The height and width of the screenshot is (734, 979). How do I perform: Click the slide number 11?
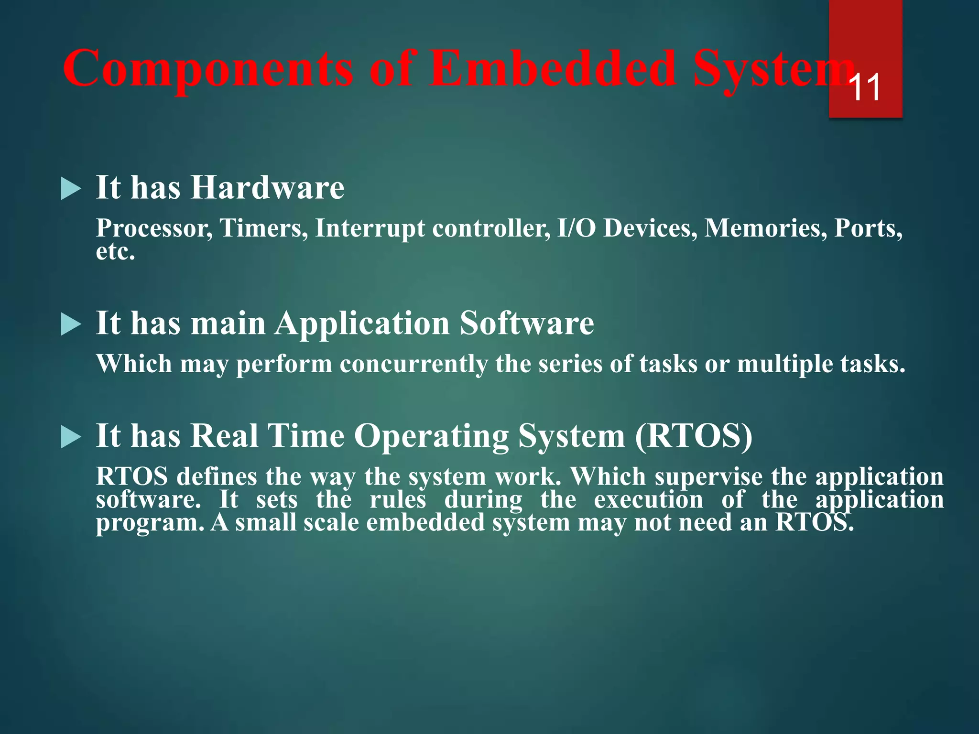coord(866,88)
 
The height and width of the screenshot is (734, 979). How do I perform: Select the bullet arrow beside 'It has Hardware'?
coord(71,190)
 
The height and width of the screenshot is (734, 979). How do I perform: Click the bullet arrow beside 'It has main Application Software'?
coord(71,325)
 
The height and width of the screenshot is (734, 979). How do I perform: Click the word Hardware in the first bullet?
coord(267,187)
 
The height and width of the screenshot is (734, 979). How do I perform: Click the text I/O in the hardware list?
coord(577,228)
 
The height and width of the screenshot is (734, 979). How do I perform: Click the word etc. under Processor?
coord(115,252)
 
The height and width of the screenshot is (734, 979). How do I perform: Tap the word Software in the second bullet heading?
coord(527,324)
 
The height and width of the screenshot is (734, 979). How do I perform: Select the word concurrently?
coord(414,364)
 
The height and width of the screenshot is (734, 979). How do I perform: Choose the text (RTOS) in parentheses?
coord(694,436)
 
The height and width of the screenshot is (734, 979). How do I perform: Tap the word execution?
coord(648,500)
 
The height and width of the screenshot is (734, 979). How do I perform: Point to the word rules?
coord(398,500)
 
